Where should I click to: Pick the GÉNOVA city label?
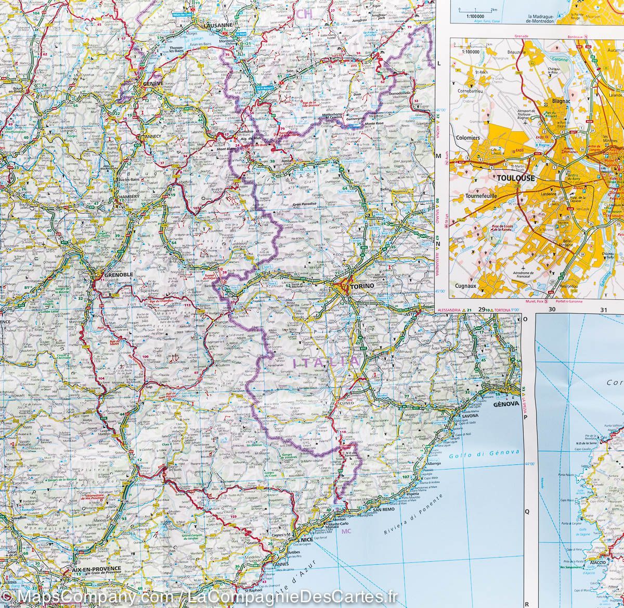(x=503, y=402)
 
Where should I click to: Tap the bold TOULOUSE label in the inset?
(x=515, y=178)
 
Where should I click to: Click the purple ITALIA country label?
(x=326, y=362)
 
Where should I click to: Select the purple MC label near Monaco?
(x=347, y=531)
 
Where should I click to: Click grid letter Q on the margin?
(x=526, y=511)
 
